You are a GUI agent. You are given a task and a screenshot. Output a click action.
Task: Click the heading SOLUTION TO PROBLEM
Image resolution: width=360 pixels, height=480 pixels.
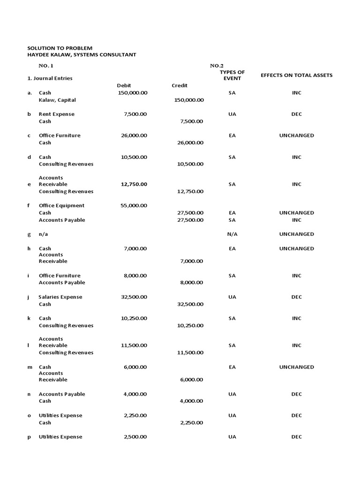(60, 48)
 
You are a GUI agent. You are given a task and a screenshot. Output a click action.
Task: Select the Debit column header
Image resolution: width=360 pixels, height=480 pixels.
(124, 86)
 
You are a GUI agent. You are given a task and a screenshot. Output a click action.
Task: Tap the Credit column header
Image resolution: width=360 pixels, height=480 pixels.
(180, 86)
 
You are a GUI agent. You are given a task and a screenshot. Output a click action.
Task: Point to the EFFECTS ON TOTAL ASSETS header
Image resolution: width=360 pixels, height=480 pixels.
(296, 75)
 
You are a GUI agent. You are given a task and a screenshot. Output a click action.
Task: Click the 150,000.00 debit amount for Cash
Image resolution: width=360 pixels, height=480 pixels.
(132, 93)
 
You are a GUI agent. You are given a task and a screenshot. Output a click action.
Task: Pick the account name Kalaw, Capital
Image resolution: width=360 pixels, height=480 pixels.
(57, 100)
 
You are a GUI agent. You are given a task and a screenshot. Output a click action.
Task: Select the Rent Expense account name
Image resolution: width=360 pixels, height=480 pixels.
(56, 114)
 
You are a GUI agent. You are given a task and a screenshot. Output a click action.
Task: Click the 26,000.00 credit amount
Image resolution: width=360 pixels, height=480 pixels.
(190, 142)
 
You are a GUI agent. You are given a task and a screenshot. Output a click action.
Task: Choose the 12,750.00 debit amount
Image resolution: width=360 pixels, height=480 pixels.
(134, 184)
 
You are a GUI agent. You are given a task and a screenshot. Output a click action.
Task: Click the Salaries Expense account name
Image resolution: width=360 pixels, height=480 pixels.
(60, 297)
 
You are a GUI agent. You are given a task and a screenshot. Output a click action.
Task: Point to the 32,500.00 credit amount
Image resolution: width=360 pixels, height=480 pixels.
(190, 304)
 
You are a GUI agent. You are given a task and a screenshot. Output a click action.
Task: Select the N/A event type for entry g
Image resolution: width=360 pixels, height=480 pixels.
(232, 234)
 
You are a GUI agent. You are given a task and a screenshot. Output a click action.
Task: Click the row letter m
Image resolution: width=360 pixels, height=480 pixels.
(29, 367)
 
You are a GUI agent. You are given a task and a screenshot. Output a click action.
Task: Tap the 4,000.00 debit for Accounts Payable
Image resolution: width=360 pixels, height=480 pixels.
(135, 394)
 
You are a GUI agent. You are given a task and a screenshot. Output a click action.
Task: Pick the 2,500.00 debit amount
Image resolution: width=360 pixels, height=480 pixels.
(135, 437)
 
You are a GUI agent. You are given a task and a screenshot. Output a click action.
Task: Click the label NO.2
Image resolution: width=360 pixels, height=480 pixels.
(217, 66)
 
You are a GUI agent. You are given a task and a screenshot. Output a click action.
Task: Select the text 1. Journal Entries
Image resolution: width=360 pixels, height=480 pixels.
(50, 78)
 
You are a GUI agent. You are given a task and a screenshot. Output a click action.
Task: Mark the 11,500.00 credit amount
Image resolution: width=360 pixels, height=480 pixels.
(190, 352)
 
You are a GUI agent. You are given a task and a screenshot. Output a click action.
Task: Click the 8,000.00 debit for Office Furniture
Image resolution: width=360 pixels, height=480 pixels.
(135, 276)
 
